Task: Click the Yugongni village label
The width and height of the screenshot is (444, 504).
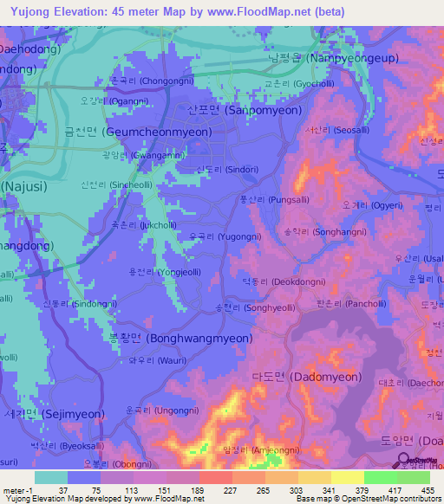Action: click(x=228, y=236)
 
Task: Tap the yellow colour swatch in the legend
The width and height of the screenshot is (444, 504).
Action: click(x=347, y=477)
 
